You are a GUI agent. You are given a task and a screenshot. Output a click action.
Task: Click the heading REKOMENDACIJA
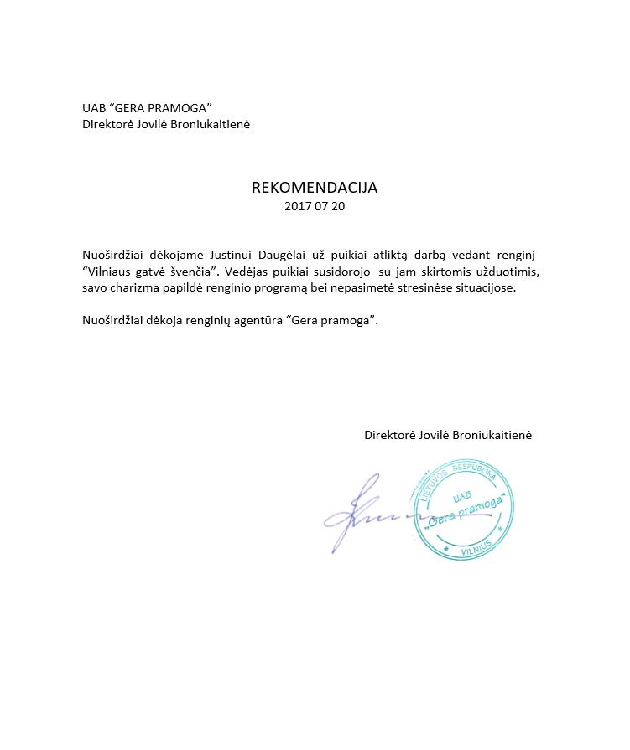315,188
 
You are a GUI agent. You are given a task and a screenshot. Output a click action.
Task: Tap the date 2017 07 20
315,206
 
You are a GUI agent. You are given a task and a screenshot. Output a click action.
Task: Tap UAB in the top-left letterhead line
94,107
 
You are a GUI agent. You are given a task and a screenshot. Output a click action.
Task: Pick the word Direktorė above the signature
390,435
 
